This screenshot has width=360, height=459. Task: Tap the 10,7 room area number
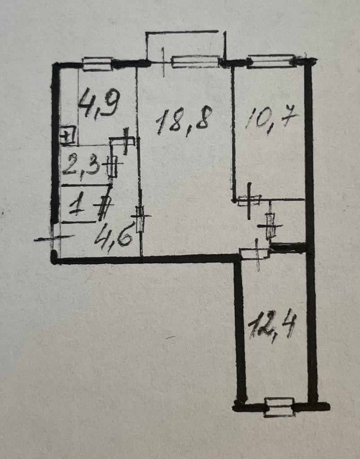pos(272,121)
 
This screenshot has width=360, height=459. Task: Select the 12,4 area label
pos(272,326)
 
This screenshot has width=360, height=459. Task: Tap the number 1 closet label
pos(77,207)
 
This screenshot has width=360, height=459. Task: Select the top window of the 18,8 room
pos(195,62)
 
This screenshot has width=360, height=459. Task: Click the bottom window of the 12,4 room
pos(279,407)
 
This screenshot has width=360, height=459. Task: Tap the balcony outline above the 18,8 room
pos(184,32)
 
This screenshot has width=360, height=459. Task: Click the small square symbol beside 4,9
pos(67,135)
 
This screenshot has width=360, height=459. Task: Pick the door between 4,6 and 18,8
pos(140,218)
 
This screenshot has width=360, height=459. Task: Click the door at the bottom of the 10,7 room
pos(249,200)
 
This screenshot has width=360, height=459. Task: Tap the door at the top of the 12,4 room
pos(254,254)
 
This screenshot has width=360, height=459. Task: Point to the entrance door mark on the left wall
pos(53,238)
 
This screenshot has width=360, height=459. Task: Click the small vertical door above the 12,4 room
pos(270,225)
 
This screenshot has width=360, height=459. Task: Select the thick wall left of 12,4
pos(240,332)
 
